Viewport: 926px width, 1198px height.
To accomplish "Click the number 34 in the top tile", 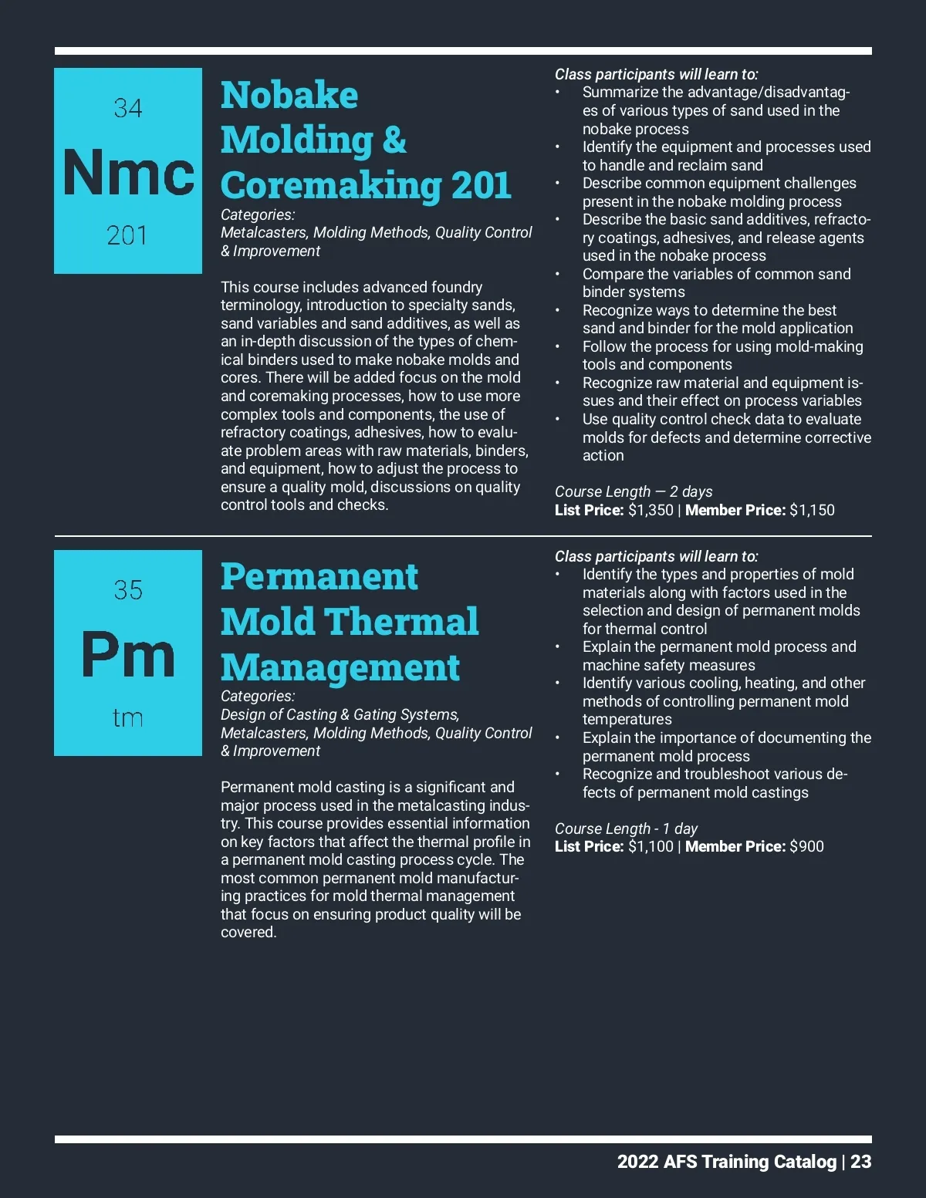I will pyautogui.click(x=128, y=108).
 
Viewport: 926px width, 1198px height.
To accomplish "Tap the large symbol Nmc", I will pyautogui.click(x=128, y=172).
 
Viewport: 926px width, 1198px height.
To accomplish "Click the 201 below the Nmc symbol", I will pyautogui.click(x=127, y=235).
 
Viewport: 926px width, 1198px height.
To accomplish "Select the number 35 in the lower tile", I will pyautogui.click(x=128, y=590).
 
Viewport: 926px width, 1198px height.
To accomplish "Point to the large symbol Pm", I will pyautogui.click(x=128, y=655).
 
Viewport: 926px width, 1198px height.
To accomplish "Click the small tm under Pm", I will pyautogui.click(x=128, y=718).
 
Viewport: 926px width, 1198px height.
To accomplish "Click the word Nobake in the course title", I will pyautogui.click(x=289, y=96).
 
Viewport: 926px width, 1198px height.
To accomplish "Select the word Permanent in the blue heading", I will pyautogui.click(x=319, y=577).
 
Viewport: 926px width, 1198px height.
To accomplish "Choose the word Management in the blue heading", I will pyautogui.click(x=340, y=667).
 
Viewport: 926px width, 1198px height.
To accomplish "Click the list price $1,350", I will pyautogui.click(x=651, y=510).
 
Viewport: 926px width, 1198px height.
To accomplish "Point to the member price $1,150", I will pyautogui.click(x=812, y=510).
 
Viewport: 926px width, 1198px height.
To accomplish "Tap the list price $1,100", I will pyautogui.click(x=651, y=846).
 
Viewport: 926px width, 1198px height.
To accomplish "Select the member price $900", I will pyautogui.click(x=806, y=846).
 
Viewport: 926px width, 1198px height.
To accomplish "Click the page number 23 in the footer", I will pyautogui.click(x=860, y=1162).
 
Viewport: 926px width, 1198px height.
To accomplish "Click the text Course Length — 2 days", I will pyautogui.click(x=634, y=491).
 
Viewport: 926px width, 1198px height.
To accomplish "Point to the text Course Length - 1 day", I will pyautogui.click(x=626, y=828).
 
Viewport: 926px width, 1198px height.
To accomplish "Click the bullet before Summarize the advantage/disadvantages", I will pyautogui.click(x=558, y=93).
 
